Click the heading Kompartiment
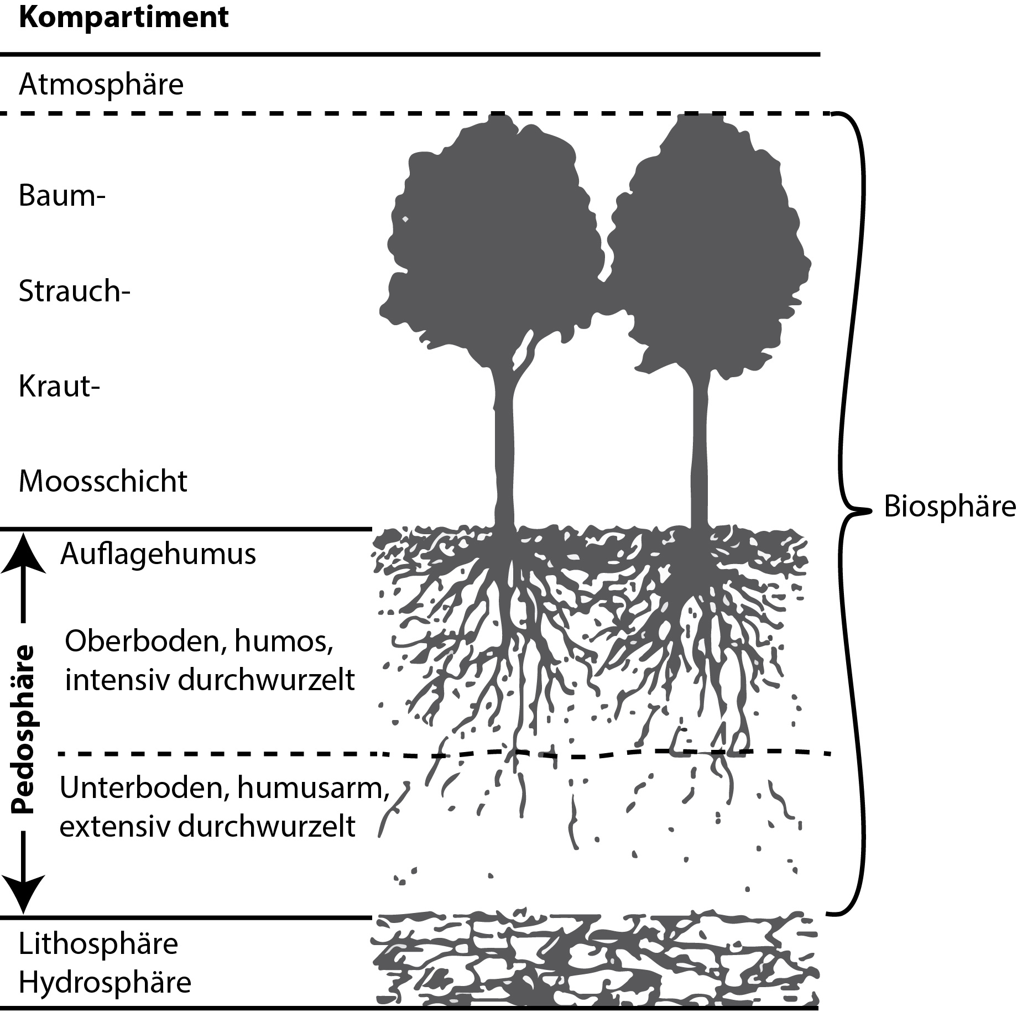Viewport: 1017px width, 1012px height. [x=123, y=18]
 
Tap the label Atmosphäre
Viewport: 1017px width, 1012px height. [x=101, y=85]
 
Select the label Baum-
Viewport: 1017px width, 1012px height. [x=62, y=196]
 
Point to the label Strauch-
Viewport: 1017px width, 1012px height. [x=74, y=291]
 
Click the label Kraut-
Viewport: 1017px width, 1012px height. [x=60, y=386]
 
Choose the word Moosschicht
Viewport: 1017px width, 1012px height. [x=103, y=481]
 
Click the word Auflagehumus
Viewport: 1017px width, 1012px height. [x=158, y=554]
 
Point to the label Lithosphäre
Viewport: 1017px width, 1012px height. [x=98, y=943]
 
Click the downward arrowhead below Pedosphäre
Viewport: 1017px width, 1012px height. [x=23, y=895]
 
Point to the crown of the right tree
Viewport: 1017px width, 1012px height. [x=711, y=243]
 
